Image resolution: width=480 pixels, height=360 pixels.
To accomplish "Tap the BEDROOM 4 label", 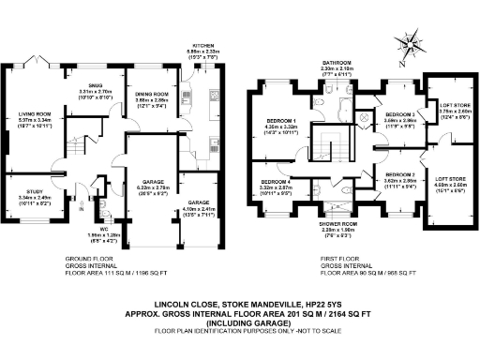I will click(274, 181).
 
